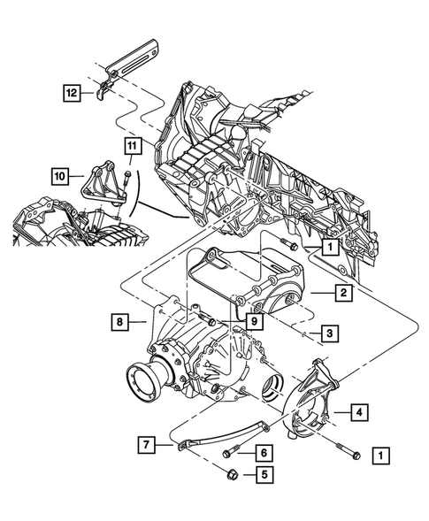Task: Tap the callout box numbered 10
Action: [60, 177]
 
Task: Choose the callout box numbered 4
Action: [360, 410]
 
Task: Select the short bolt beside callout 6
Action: [230, 453]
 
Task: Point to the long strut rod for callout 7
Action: [221, 438]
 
